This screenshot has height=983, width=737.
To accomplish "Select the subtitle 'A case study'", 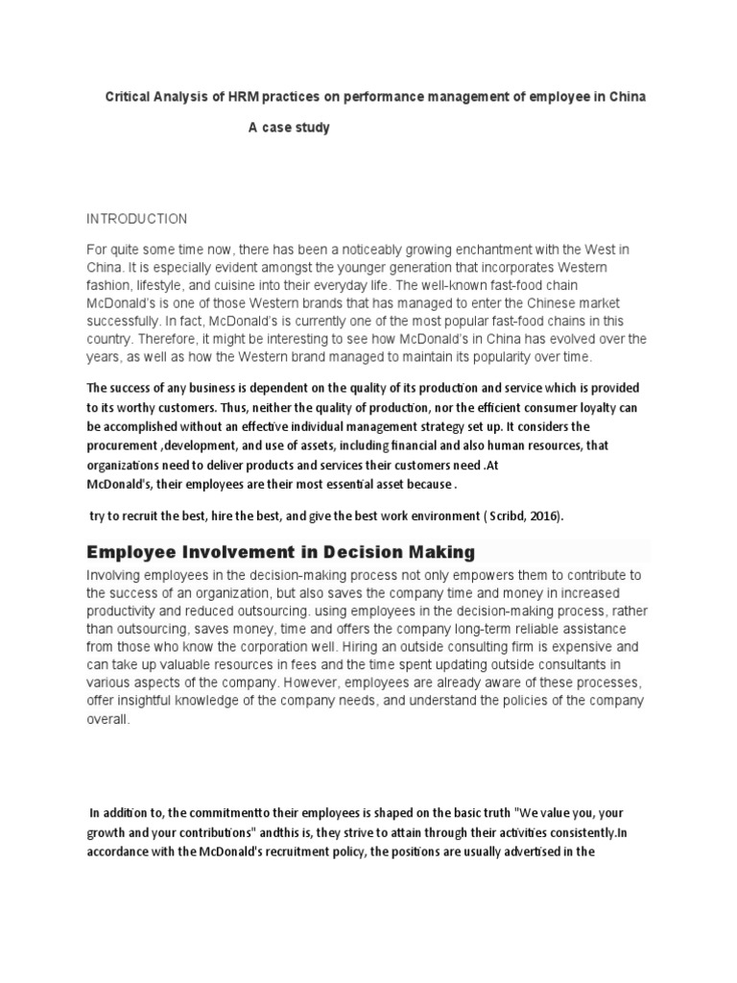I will click(x=289, y=128).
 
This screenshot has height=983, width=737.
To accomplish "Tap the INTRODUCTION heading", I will click(x=136, y=219).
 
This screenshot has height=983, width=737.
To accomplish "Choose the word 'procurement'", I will click(x=129, y=446).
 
